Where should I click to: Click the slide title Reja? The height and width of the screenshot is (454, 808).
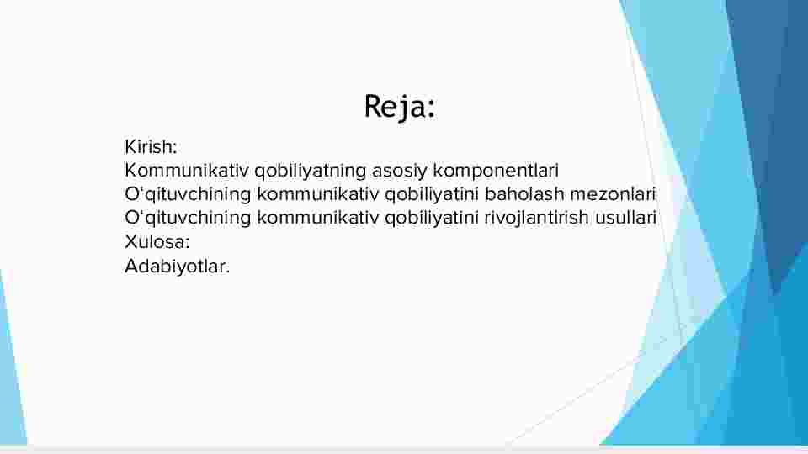coord(400,107)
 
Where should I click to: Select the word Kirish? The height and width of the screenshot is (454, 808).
coord(151,147)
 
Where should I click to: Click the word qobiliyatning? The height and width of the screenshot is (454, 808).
coord(311,172)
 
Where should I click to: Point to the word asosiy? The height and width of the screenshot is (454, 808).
coord(399,172)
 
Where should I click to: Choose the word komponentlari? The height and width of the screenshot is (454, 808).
coord(496,172)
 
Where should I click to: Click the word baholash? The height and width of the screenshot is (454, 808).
coord(524,194)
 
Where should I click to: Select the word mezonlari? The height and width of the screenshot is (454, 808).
coord(612,194)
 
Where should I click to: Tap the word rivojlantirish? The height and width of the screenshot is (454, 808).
coord(536,219)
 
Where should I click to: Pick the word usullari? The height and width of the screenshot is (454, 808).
coord(625,218)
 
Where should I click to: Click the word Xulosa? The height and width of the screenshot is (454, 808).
coord(157,241)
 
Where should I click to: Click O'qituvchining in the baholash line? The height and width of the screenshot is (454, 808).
coord(188,195)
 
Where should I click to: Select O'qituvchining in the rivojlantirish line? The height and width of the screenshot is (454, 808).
coord(188,219)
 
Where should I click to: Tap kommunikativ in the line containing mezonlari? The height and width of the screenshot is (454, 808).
coord(317,194)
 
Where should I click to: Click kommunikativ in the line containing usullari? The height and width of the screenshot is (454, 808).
coord(317,218)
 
